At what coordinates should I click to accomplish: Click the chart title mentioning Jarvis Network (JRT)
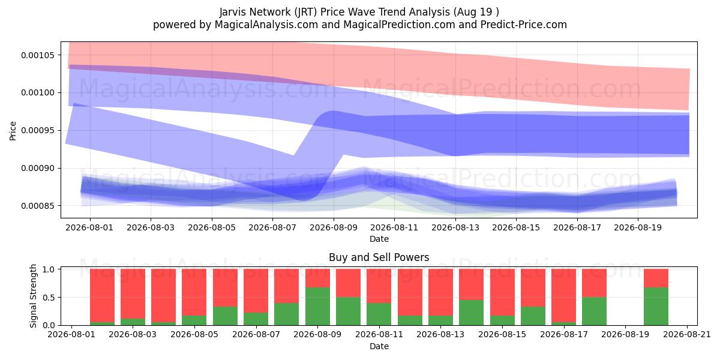359,12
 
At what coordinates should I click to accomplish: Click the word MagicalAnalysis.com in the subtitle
266,25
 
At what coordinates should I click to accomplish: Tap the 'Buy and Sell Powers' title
379,257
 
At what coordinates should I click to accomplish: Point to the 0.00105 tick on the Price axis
38,55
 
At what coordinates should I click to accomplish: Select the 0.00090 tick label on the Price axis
38,169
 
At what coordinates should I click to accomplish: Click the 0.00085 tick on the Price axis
38,206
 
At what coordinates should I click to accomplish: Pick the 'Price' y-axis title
13,131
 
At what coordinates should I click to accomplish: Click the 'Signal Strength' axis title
33,296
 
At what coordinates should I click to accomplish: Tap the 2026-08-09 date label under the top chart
334,228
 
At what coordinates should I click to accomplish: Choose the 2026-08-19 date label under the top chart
638,228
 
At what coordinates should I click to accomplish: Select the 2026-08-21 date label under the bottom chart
687,335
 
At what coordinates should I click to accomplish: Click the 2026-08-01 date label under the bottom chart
71,335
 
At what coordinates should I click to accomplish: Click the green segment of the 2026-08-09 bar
317,307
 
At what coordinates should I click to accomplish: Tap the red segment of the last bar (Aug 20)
656,278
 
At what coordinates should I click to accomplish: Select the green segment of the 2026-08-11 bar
379,314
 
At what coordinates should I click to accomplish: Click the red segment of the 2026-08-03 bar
133,294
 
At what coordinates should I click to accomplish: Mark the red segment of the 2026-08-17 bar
563,295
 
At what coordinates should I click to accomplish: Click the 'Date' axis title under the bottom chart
379,347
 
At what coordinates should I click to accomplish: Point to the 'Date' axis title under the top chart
379,239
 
